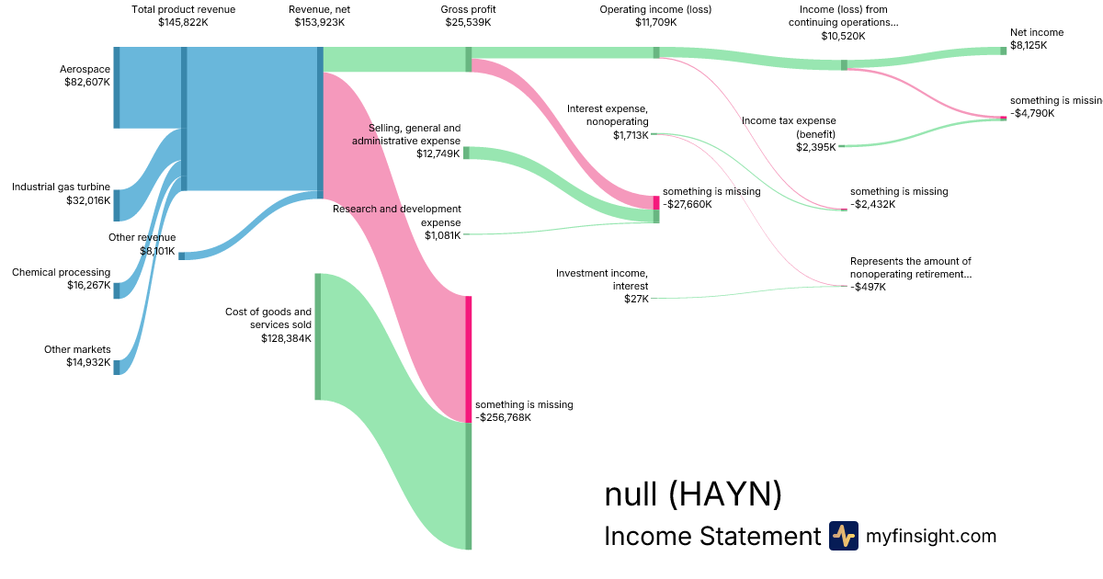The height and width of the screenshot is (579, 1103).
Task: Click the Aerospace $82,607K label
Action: [x=85, y=75]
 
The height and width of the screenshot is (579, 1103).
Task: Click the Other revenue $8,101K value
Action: [x=157, y=250]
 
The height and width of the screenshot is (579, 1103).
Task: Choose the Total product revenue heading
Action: [x=184, y=9]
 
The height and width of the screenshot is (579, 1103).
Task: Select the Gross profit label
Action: [x=468, y=9]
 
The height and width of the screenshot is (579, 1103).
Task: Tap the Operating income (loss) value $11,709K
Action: [x=655, y=22]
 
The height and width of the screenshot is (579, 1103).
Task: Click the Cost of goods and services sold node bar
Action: [x=318, y=336]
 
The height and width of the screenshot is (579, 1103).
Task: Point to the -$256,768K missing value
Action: [x=504, y=417]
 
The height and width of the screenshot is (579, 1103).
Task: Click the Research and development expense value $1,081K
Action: [x=443, y=235]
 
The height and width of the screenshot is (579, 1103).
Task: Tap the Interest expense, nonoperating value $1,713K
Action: [x=631, y=134]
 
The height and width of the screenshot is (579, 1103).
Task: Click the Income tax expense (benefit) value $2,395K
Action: [x=816, y=146]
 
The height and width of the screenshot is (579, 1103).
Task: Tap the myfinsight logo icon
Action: [x=843, y=535]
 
